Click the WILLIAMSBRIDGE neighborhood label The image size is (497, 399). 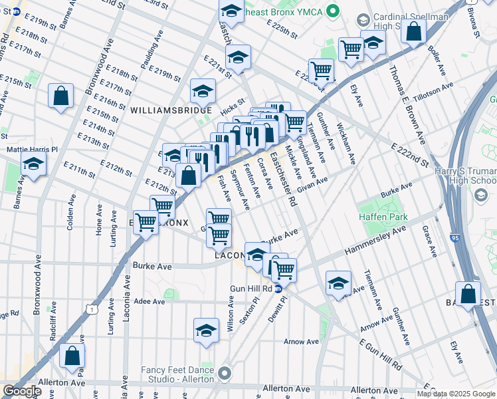(x=171, y=110)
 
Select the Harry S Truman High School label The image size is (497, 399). (x=464, y=176)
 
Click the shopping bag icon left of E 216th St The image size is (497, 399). (x=61, y=96)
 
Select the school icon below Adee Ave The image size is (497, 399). (x=207, y=331)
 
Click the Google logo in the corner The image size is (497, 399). (x=22, y=391)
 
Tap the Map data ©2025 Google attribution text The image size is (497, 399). (x=456, y=394)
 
